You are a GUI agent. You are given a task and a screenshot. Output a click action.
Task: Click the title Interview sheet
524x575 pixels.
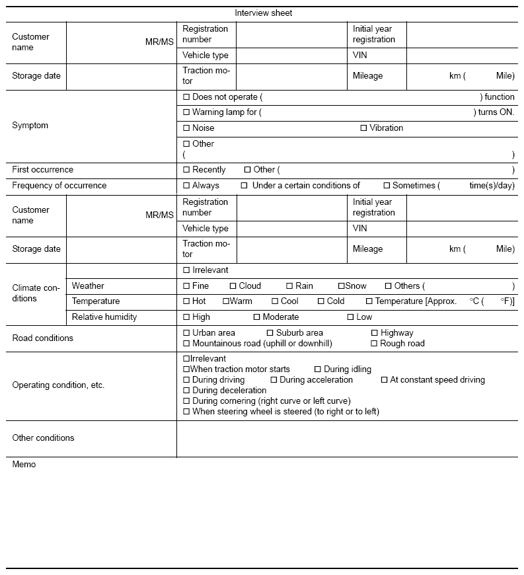(x=263, y=13)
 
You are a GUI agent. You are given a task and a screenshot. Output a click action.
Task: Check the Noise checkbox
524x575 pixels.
(x=186, y=128)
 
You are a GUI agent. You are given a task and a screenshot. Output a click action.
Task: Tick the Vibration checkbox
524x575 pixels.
(x=363, y=128)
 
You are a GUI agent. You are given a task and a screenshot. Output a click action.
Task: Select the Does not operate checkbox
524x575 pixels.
(x=186, y=97)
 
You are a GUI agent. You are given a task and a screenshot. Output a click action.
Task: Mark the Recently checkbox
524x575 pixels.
(x=186, y=170)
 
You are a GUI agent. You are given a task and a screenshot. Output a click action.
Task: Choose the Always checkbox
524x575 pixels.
(x=186, y=186)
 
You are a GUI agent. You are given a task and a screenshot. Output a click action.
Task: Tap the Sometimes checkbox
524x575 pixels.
(x=387, y=186)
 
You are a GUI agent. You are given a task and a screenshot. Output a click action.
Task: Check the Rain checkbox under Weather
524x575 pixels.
(x=289, y=286)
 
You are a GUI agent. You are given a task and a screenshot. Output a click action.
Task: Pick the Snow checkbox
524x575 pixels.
(x=341, y=286)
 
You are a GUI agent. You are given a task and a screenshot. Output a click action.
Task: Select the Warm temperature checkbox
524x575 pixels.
(x=225, y=301)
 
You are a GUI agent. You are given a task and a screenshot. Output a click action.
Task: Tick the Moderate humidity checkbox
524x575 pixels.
(x=256, y=317)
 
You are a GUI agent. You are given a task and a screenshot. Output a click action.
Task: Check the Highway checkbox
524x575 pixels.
(x=374, y=333)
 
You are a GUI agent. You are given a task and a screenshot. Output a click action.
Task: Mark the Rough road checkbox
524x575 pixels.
(x=374, y=344)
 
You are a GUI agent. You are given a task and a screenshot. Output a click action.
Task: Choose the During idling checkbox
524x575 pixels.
(x=318, y=369)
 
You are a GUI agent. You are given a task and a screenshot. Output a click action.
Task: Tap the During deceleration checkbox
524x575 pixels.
(x=186, y=391)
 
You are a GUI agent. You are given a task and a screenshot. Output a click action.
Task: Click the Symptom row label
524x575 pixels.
(x=30, y=126)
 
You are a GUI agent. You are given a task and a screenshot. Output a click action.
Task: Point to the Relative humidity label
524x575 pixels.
(x=104, y=317)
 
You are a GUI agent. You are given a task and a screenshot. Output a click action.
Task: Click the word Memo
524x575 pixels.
(x=24, y=465)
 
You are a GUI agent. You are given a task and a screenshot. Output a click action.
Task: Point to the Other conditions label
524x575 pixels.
(x=44, y=438)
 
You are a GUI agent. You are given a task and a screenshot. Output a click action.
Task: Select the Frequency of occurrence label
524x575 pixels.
(x=59, y=186)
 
